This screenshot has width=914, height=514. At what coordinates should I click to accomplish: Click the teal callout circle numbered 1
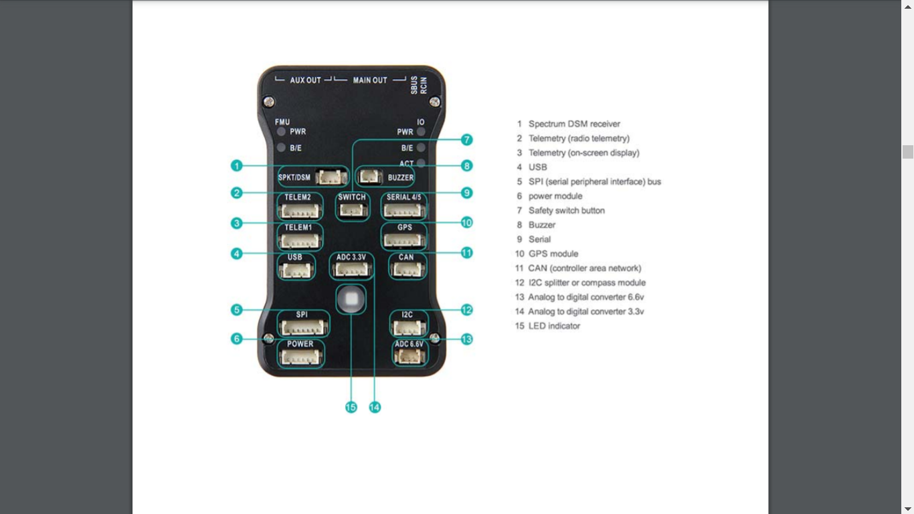pos(237,166)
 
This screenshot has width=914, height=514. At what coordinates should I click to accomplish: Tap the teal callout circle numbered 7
pos(467,140)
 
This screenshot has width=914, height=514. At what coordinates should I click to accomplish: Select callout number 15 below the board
pos(351,407)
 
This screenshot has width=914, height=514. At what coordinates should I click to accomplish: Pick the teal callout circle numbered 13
pos(467,339)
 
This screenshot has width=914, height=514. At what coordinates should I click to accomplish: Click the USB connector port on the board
pos(296,270)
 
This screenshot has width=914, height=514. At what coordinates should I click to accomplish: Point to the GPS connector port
pos(403,241)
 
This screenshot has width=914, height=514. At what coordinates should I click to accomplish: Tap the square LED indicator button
pos(351,299)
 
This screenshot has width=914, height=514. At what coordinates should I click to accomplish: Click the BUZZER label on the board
pos(400,177)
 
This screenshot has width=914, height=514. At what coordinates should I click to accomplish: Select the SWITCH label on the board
pos(352,197)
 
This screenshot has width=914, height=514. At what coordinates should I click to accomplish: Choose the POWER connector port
pos(300,358)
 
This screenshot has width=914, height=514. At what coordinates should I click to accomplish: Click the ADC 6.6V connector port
pos(410,357)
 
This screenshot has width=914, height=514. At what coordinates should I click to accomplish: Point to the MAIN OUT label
pos(370,80)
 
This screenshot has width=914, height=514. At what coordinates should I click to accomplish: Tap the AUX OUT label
pos(305,80)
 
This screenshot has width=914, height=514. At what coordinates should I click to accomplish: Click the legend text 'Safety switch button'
pos(566,211)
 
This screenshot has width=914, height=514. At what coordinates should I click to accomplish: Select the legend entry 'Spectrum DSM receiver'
pos(574,124)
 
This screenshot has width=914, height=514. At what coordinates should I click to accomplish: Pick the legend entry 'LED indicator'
pos(554,326)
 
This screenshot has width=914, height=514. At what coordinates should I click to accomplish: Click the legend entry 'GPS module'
pos(553,254)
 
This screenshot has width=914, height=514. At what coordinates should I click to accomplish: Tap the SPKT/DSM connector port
pos(332,177)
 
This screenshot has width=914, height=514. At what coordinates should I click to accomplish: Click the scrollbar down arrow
pos(907,509)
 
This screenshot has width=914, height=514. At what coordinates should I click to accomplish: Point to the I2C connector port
pos(409,327)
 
